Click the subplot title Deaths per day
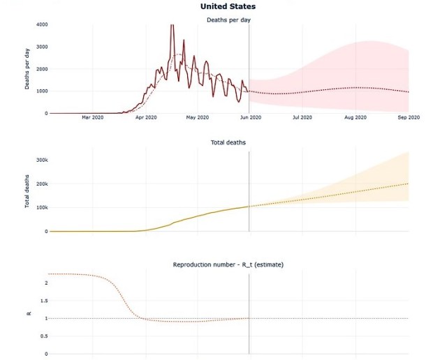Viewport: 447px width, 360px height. pyautogui.click(x=228, y=20)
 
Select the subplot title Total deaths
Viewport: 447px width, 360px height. pyautogui.click(x=228, y=142)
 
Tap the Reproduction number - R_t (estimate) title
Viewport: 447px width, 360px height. pyautogui.click(x=228, y=264)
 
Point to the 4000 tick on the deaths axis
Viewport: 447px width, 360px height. pyautogui.click(x=41, y=24)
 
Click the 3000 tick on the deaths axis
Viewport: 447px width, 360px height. pyautogui.click(x=41, y=47)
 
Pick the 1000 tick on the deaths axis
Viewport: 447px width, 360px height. pyautogui.click(x=41, y=91)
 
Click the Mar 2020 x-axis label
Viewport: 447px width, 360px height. pyautogui.click(x=93, y=117)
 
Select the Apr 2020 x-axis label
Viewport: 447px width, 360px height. pyautogui.click(x=145, y=117)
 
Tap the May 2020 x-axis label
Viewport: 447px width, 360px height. pyautogui.click(x=198, y=117)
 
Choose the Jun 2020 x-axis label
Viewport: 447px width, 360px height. pyautogui.click(x=250, y=117)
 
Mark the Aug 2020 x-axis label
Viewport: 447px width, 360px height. pyautogui.click(x=356, y=117)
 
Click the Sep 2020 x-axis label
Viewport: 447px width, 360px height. pyautogui.click(x=408, y=117)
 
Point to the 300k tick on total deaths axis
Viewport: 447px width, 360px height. pyautogui.click(x=41, y=160)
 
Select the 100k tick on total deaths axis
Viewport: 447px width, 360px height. pyautogui.click(x=41, y=207)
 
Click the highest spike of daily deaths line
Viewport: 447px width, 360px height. pyautogui.click(x=172, y=26)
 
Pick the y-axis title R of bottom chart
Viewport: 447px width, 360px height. pyautogui.click(x=29, y=314)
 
